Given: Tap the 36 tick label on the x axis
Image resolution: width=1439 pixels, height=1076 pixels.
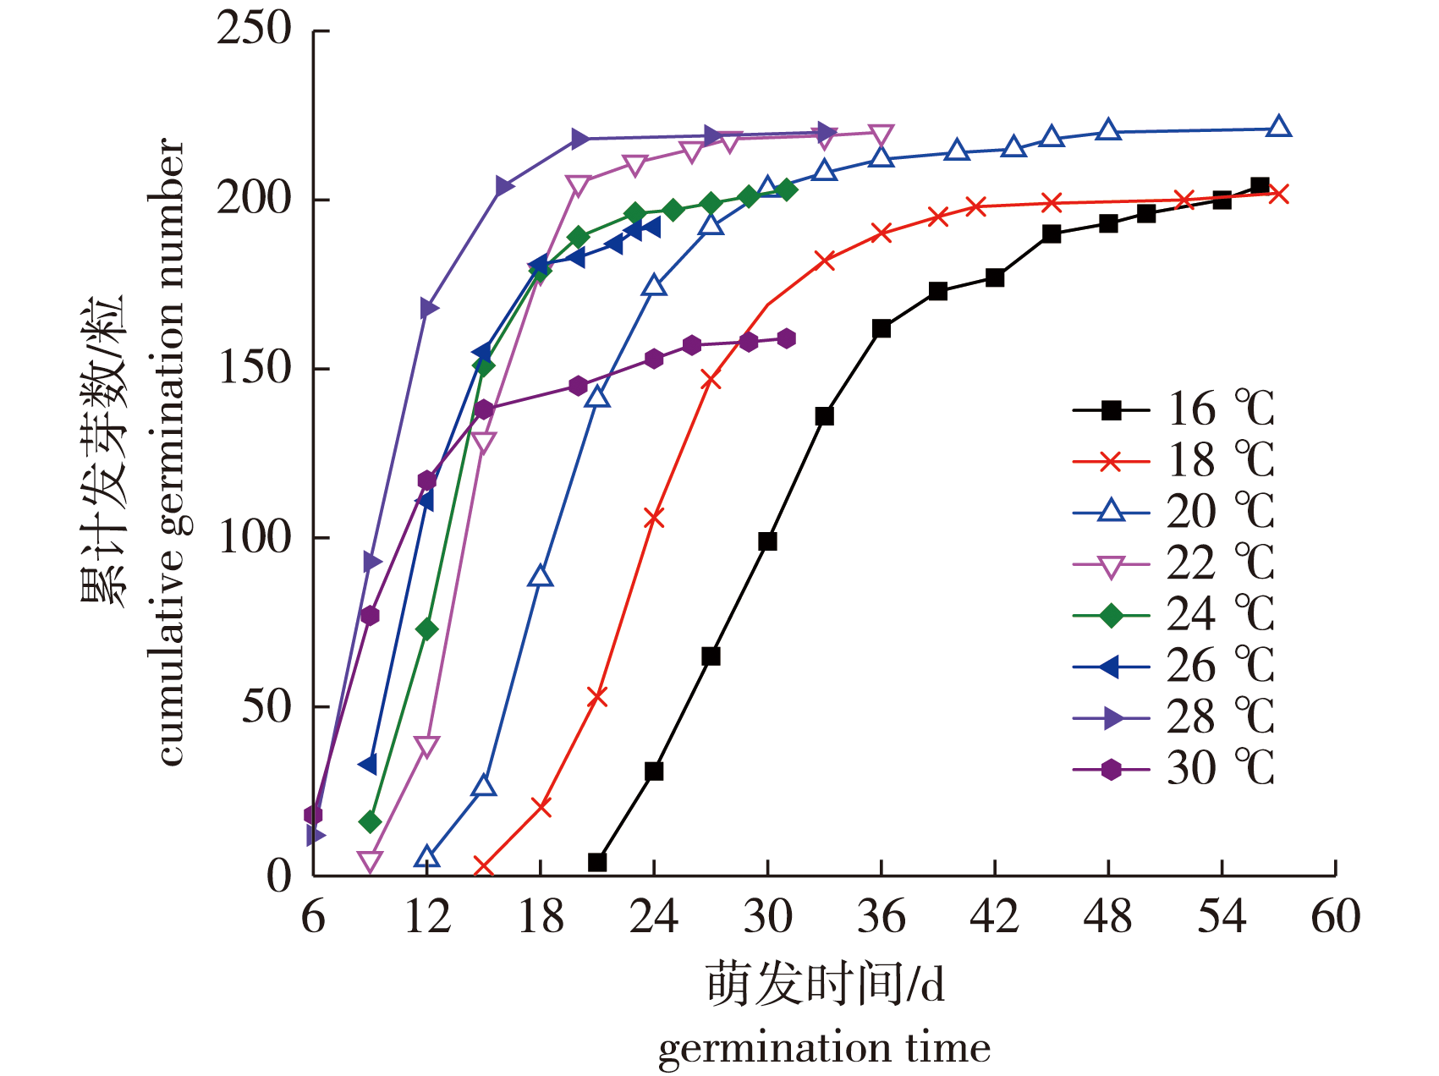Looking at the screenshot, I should coord(881,917).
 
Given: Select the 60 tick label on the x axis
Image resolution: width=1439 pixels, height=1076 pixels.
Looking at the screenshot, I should coord(1335,917).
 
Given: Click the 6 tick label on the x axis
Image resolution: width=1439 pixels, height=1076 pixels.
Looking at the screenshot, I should coord(313,917).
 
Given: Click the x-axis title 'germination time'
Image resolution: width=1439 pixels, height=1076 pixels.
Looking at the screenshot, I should coord(824,1049).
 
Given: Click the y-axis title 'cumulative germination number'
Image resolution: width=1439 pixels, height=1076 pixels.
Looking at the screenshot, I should coord(171,453).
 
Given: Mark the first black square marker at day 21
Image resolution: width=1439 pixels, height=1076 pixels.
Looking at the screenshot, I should coord(597,862).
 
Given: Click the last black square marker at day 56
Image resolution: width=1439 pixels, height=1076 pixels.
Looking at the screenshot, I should coord(1260,186).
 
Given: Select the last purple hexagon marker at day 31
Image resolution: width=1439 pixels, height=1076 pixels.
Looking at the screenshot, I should coord(787,338).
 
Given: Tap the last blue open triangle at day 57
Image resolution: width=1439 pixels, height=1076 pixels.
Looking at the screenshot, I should coord(1279,127).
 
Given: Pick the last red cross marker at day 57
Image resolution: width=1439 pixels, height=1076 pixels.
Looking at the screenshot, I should coord(1279,195).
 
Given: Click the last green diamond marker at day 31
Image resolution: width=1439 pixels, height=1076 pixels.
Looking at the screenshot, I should coord(787,189).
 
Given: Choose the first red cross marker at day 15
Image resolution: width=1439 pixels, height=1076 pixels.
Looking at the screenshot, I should coord(484,867).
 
